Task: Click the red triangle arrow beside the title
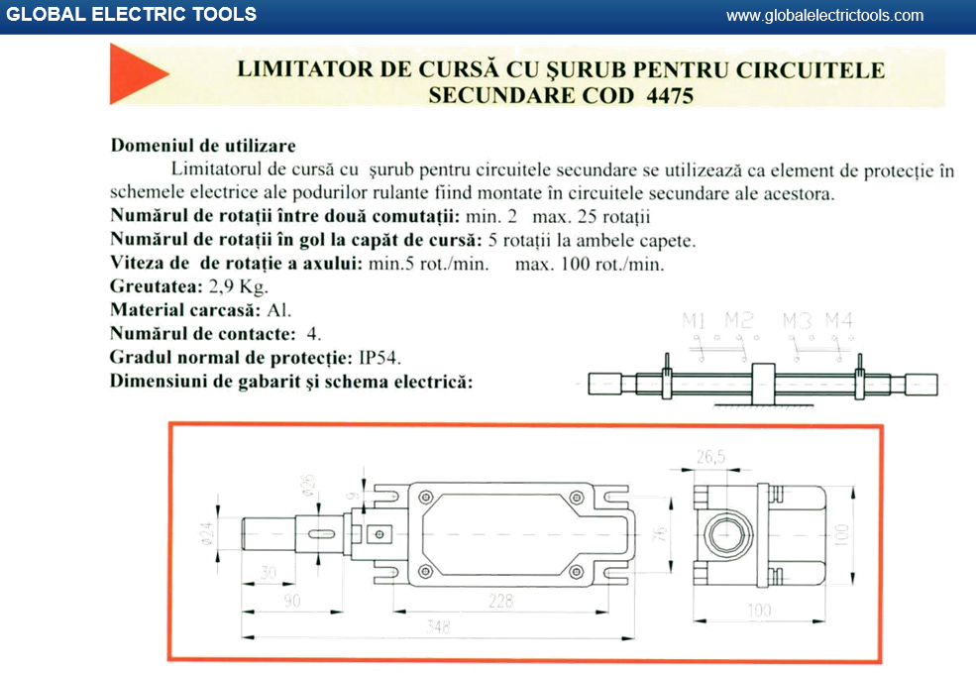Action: click(x=137, y=77)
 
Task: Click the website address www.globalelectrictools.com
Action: click(x=824, y=15)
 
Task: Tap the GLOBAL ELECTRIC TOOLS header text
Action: click(x=132, y=15)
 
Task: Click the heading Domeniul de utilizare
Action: click(x=203, y=147)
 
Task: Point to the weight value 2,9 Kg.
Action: click(x=240, y=286)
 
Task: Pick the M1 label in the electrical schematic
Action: click(x=694, y=320)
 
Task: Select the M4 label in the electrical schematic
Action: click(x=839, y=320)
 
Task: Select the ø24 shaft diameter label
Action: click(x=207, y=534)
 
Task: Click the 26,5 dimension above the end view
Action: click(x=710, y=457)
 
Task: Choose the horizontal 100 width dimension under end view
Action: click(x=758, y=611)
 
